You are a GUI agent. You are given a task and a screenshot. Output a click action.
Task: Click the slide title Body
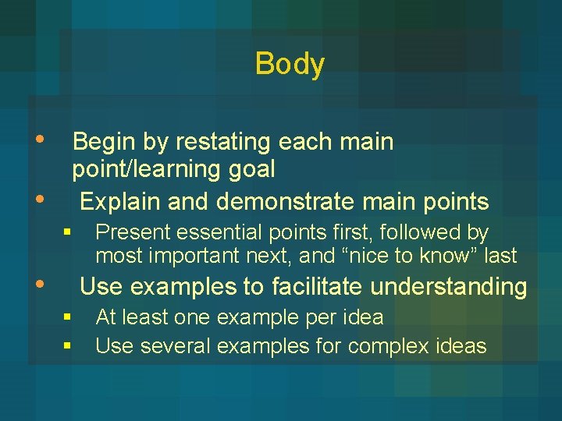point(290,64)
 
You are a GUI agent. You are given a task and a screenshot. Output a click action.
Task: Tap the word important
point(188,255)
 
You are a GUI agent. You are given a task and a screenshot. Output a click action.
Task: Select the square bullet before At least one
point(68,317)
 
